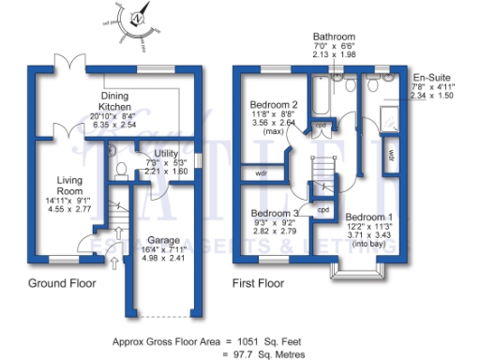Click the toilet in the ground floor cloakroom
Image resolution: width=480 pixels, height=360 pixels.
coord(123,169)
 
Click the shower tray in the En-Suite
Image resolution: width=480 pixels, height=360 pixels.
coord(387,118)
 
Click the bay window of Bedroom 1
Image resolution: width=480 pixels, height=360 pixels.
coord(359,273)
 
